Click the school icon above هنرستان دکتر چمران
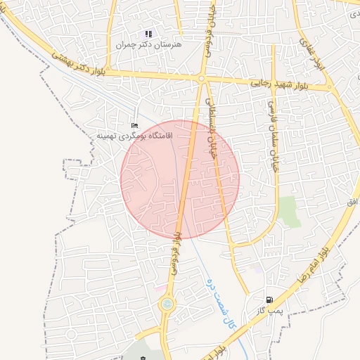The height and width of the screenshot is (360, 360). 148,33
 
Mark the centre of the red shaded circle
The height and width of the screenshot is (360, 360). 180,179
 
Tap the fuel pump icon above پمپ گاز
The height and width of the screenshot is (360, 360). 269,299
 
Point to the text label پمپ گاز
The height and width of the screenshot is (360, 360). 269,309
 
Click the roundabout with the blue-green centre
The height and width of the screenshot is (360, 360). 167,304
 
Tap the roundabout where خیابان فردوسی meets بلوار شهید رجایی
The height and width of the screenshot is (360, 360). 201,79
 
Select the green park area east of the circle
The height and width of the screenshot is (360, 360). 288,212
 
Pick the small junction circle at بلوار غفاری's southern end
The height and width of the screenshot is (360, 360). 330,87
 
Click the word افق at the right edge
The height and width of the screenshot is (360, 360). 352,202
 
